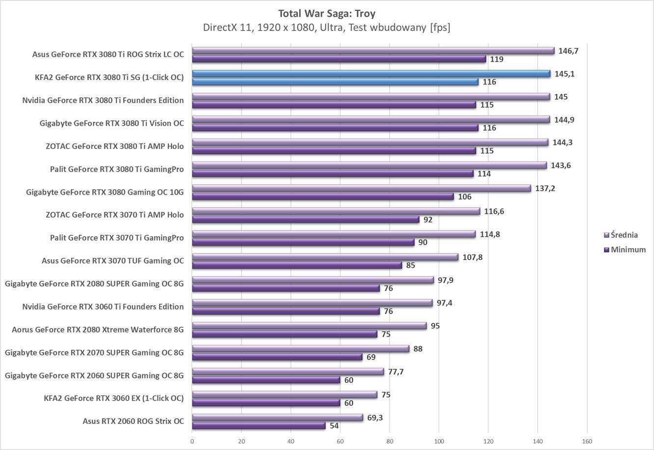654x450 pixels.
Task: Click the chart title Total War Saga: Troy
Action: pyautogui.click(x=327, y=13)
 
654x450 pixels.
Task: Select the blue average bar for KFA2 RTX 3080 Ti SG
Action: pyautogui.click(x=371, y=74)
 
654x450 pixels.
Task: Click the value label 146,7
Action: pyautogui.click(x=569, y=51)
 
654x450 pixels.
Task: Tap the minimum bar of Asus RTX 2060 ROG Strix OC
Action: pyautogui.click(x=259, y=425)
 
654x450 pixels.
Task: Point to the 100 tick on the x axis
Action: pyautogui.click(x=439, y=441)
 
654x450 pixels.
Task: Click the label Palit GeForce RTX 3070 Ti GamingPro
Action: pyautogui.click(x=117, y=238)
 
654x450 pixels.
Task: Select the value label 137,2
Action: pyautogui.click(x=545, y=188)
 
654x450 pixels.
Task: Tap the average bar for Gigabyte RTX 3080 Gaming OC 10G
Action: pyautogui.click(x=361, y=188)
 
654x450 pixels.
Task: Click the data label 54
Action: pyautogui.click(x=334, y=425)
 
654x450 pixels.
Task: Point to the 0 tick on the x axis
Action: pyautogui.click(x=192, y=441)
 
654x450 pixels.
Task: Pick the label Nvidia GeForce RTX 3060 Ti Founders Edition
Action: pyautogui.click(x=103, y=307)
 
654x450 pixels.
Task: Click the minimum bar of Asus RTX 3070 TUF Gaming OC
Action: pyautogui.click(x=296, y=265)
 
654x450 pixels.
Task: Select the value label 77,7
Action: pyautogui.click(x=395, y=372)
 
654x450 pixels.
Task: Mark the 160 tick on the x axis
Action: pyautogui.click(x=587, y=441)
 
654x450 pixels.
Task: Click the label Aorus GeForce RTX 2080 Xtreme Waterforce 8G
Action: pyautogui.click(x=98, y=330)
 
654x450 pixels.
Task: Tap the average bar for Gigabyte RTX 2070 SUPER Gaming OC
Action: pyautogui.click(x=300, y=349)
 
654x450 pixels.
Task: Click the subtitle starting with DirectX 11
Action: pyautogui.click(x=327, y=28)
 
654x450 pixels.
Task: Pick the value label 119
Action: pyautogui.click(x=497, y=59)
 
